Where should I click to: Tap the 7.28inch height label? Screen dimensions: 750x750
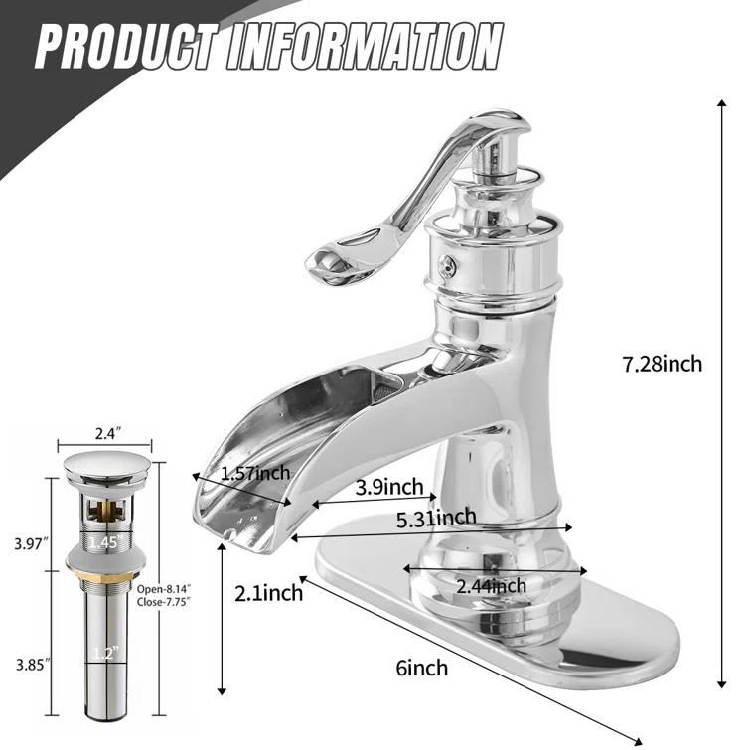click(x=662, y=364)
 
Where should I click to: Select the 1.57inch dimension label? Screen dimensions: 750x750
click(x=255, y=472)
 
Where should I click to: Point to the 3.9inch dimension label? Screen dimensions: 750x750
click(x=389, y=487)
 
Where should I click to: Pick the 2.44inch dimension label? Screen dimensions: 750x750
click(x=491, y=586)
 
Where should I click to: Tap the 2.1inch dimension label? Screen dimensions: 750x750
click(x=268, y=594)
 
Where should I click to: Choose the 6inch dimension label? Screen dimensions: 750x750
click(x=421, y=667)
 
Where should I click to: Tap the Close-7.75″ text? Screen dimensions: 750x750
click(x=163, y=601)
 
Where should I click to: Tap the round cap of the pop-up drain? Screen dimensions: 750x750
click(x=106, y=464)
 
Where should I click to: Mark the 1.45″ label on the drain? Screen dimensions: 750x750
click(x=105, y=542)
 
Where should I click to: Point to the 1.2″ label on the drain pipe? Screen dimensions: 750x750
click(x=105, y=653)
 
